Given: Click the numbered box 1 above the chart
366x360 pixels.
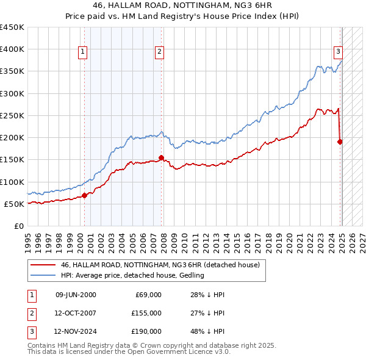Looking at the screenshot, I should coord(82,52).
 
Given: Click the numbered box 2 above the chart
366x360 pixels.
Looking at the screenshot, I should coord(159,52).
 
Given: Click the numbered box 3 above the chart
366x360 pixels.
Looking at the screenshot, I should coord(337,52).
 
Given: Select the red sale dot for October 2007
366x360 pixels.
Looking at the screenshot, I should coord(161,157).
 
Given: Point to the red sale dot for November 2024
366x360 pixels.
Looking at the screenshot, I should coord(340,142).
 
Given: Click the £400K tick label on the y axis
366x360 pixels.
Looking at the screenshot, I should coord(12,49).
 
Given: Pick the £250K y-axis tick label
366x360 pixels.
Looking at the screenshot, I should coord(12,115).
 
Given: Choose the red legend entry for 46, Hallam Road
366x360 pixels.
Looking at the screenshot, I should coord(160,265).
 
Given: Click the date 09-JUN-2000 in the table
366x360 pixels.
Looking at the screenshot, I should coord(76,295).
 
